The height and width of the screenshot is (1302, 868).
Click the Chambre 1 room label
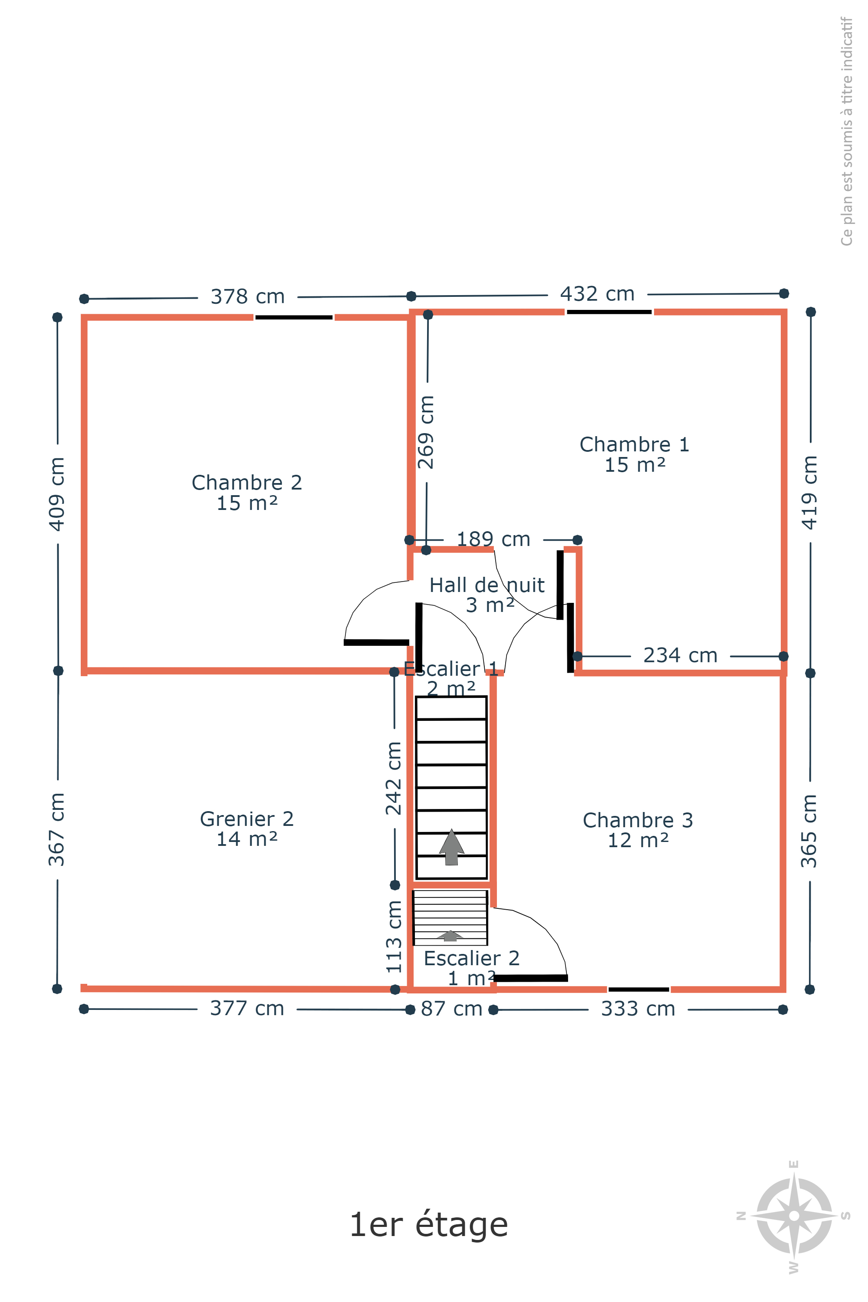(x=635, y=454)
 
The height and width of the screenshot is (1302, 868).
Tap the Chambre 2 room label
(x=247, y=493)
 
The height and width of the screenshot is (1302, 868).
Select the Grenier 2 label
(x=247, y=829)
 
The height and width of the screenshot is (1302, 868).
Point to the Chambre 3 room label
(x=638, y=830)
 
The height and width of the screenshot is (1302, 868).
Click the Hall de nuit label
(x=487, y=595)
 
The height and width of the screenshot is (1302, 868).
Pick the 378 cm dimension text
(x=247, y=297)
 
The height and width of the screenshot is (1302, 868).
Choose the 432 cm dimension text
(x=597, y=294)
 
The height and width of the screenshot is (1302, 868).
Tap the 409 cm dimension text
(x=57, y=494)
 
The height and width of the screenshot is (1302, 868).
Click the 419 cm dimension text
(x=809, y=493)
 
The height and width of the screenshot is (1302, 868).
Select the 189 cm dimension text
(x=493, y=539)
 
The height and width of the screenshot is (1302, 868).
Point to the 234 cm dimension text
(x=681, y=655)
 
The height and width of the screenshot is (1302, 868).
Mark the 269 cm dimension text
(x=426, y=432)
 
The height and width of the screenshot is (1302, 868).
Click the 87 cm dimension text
(x=452, y=1009)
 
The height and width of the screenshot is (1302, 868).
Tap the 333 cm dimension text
(x=638, y=1009)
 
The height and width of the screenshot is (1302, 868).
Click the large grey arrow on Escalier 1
(x=452, y=846)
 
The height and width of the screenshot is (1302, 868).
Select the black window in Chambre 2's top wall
(x=294, y=317)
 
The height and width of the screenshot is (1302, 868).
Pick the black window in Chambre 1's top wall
(x=609, y=312)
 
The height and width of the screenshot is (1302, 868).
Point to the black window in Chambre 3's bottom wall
(x=639, y=989)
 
